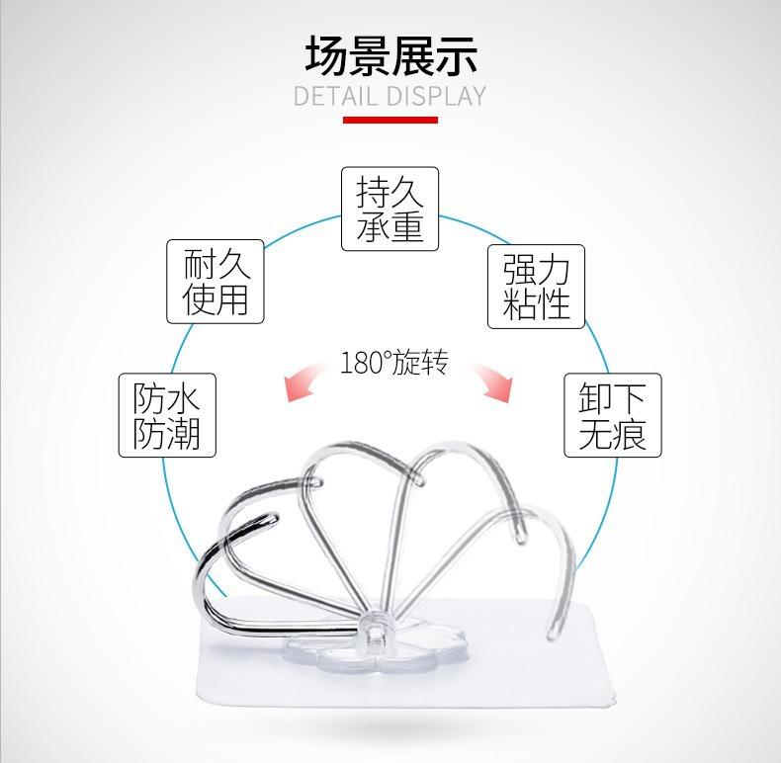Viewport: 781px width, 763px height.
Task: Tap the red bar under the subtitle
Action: [390, 120]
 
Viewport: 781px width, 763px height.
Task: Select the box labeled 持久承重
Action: [390, 208]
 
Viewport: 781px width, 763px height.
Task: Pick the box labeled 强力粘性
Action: [536, 287]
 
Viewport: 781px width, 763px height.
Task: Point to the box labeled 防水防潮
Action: [167, 415]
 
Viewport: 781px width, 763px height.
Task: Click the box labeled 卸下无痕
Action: [612, 415]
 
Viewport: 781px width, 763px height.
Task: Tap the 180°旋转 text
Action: [393, 363]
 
